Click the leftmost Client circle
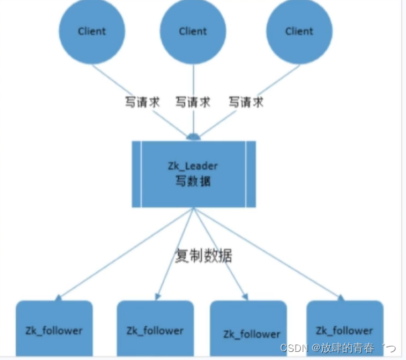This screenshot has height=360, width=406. [92, 30]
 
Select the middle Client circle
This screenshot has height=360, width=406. [193, 31]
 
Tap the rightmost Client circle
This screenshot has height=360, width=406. [299, 30]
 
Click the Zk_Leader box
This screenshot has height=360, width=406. [194, 174]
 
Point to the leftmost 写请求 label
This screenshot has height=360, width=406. [141, 102]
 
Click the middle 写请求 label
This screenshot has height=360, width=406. [193, 102]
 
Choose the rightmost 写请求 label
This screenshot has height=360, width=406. [246, 102]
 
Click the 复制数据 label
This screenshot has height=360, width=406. [204, 256]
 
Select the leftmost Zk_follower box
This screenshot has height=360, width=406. [54, 329]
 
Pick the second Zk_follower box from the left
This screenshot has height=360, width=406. [155, 329]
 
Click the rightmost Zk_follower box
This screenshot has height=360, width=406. [344, 329]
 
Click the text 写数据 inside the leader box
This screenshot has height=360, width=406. [194, 182]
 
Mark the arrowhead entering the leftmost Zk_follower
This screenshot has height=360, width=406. [59, 297]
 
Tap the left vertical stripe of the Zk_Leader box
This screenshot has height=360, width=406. [137, 174]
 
